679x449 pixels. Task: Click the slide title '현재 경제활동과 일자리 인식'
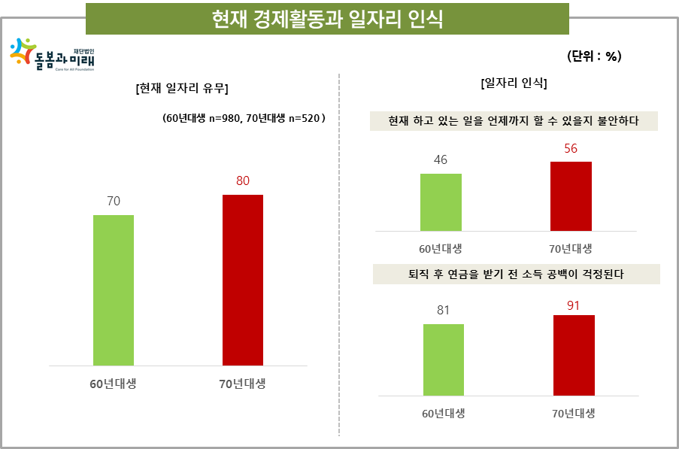point(327,19)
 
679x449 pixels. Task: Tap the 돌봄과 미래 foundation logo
point(52,56)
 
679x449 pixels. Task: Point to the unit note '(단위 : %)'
point(593,56)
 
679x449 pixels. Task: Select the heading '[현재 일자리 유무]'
point(182,89)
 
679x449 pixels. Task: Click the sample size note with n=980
point(243,118)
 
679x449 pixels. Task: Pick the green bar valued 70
point(114,290)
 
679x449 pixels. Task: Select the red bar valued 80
point(243,280)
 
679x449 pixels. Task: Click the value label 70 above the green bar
point(114,201)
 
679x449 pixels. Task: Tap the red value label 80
point(242,181)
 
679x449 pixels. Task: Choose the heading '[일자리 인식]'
point(514,83)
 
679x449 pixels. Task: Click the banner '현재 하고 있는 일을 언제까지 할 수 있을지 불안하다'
point(514,121)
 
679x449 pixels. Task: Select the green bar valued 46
point(441,202)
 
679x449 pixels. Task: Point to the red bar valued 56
point(571,196)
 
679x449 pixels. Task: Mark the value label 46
point(441,159)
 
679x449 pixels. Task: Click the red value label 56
point(571,148)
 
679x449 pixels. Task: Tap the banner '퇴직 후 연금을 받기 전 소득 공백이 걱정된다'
point(516,275)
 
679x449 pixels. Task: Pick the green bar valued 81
point(444,360)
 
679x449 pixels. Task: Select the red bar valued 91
point(574,355)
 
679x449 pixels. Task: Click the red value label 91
point(574,305)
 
